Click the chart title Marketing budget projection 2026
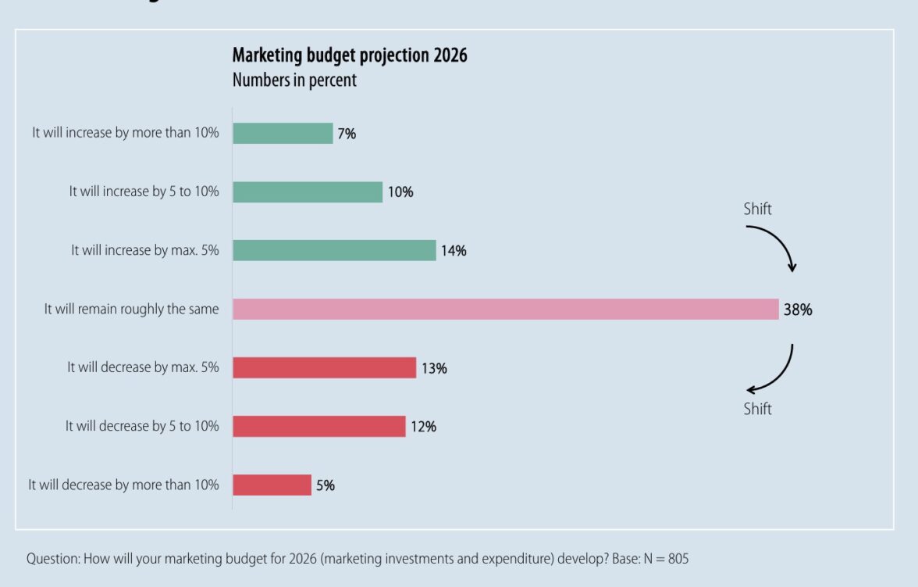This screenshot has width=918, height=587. (350, 55)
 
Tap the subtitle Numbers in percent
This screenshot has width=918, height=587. (294, 80)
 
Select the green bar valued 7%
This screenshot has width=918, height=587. (283, 134)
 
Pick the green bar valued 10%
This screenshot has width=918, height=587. (308, 192)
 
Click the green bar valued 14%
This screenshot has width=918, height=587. (334, 250)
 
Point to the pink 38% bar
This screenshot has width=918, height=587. (505, 310)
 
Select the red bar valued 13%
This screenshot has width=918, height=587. (324, 368)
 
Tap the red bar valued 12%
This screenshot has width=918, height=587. (318, 426)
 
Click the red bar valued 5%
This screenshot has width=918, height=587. (272, 485)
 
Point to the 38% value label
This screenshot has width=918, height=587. (798, 310)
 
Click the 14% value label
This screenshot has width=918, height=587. (454, 251)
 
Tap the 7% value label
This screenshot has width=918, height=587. (347, 134)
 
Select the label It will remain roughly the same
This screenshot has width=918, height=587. (131, 310)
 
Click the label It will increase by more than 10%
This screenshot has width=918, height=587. (126, 133)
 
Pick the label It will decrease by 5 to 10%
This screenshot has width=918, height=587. (142, 426)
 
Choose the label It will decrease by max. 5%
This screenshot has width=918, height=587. (143, 367)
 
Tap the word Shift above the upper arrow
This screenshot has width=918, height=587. (757, 209)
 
